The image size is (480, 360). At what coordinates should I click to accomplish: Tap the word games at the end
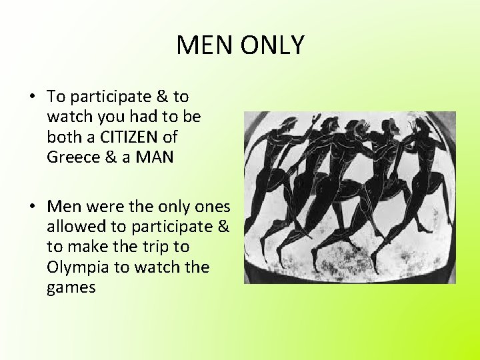71,287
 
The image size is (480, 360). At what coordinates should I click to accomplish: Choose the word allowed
75,226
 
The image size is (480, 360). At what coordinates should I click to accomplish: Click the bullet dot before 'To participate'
31,97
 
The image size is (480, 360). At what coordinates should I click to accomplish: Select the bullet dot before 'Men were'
31,206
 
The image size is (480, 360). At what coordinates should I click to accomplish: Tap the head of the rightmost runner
421,125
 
